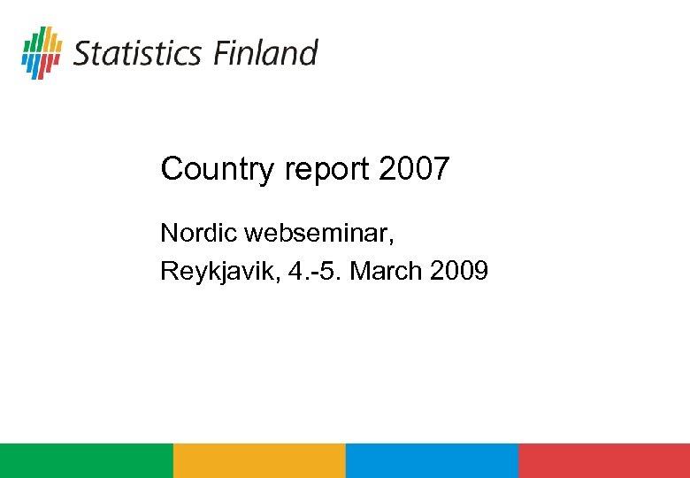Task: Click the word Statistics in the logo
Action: coord(136,53)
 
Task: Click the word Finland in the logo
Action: coord(264,53)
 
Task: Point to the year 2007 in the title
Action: coord(414,169)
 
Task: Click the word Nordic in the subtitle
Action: coord(199,234)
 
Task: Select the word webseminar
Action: coord(316,234)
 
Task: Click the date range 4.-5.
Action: coord(314,271)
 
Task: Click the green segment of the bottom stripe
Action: coord(86,460)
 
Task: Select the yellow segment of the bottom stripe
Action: coord(258,460)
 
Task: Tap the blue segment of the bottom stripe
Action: coord(431,460)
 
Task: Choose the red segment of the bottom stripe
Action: coord(603,460)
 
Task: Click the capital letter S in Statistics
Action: coord(81,53)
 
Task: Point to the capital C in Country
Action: coord(171,169)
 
